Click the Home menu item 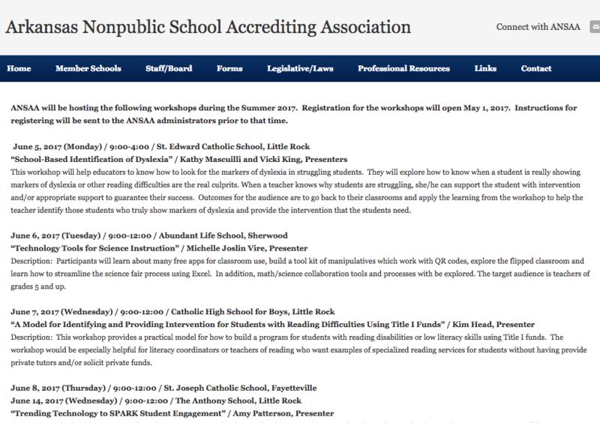19,68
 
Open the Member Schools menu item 88,68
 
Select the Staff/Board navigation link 169,68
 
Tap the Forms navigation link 229,68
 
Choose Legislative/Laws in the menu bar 300,68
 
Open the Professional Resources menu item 403,68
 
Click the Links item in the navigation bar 485,68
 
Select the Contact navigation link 536,68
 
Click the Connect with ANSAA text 538,27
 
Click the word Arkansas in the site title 38,28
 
